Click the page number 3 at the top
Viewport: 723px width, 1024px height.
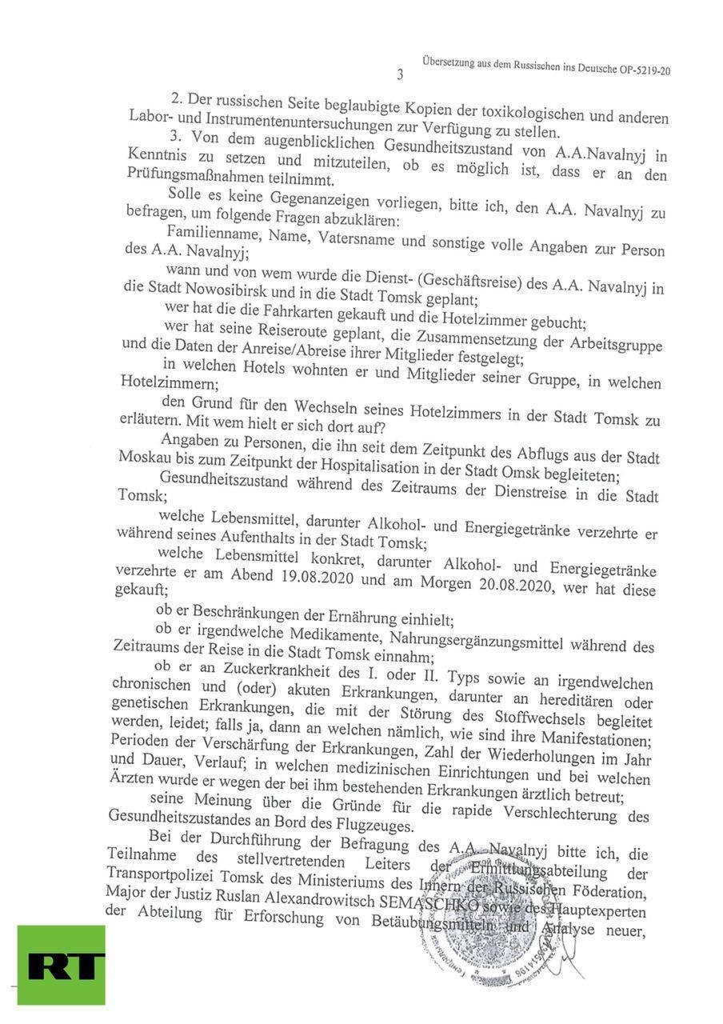coord(400,75)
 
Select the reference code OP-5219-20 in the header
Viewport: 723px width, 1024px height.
coord(645,70)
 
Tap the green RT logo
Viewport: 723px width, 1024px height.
coord(61,965)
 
